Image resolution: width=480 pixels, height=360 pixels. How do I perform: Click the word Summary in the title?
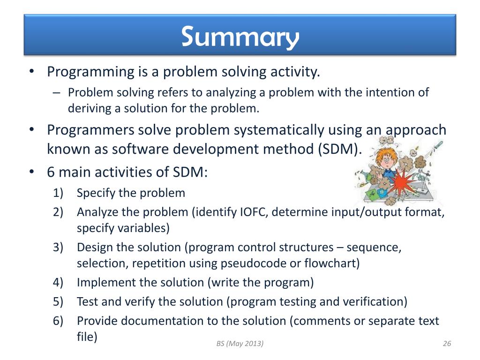[x=240, y=37]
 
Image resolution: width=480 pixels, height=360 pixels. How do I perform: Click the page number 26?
[x=447, y=344]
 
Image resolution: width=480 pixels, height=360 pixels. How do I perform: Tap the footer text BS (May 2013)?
[x=240, y=344]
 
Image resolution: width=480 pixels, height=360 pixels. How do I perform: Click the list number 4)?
[x=58, y=282]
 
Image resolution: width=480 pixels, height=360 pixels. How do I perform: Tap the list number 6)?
[x=58, y=321]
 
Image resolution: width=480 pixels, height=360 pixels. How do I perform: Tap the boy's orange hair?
[x=386, y=154]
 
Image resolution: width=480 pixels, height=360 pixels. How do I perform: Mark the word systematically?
[x=279, y=130]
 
